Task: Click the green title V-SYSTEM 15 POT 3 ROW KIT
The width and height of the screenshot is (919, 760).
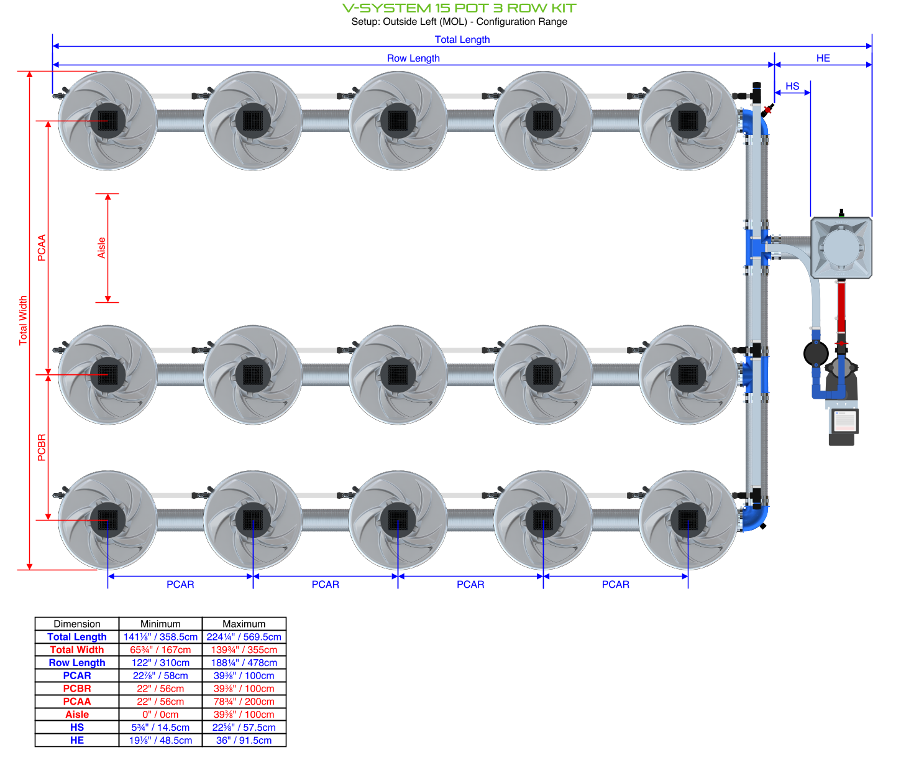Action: point(459,8)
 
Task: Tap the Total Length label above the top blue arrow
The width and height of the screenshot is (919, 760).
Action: point(462,39)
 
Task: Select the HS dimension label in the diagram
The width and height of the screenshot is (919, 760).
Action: point(792,86)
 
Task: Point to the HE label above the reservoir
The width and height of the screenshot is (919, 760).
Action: point(823,58)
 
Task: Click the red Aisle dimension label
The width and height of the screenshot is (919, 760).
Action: point(102,248)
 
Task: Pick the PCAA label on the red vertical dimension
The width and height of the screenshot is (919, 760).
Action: point(42,248)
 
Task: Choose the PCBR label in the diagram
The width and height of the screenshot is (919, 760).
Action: point(42,447)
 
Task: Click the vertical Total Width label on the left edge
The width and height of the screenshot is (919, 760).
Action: point(23,320)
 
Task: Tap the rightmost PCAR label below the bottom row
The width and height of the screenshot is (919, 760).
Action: point(615,585)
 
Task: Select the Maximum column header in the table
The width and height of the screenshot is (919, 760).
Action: point(244,624)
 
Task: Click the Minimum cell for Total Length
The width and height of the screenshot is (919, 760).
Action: point(160,637)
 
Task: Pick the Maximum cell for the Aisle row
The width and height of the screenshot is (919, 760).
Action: point(244,715)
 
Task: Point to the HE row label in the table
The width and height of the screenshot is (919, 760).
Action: point(77,741)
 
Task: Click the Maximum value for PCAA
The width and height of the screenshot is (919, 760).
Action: point(244,702)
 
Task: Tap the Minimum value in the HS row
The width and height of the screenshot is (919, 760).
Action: point(160,728)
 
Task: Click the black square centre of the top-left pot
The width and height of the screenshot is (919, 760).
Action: point(107,121)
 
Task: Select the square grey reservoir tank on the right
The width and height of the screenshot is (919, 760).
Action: point(841,248)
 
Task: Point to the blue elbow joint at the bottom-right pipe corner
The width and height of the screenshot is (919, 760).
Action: point(757,518)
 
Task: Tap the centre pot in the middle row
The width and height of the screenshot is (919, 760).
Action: point(398,374)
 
